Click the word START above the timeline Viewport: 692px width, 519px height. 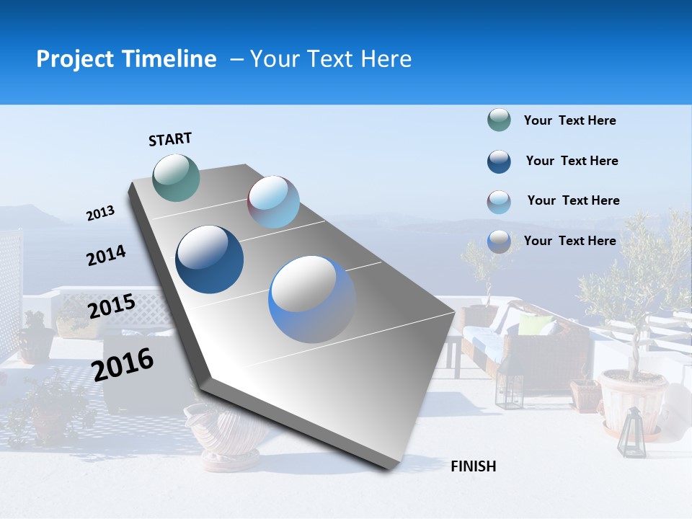170,139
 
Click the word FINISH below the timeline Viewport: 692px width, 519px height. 473,466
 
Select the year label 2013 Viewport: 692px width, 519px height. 100,213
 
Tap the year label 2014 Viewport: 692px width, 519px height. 106,256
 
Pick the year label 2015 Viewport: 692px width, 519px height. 111,306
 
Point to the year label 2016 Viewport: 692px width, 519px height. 123,364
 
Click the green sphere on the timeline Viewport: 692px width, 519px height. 176,177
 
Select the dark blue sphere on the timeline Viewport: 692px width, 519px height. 210,259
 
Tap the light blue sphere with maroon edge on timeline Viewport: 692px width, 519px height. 273,202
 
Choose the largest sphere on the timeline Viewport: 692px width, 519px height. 312,299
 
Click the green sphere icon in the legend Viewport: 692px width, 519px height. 499,120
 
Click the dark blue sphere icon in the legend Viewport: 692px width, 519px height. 499,161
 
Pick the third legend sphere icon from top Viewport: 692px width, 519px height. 499,202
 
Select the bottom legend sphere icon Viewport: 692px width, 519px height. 499,241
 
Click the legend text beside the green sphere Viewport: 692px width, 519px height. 569,121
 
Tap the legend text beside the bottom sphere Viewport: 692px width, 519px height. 569,241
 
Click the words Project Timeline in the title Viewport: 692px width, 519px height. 126,59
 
